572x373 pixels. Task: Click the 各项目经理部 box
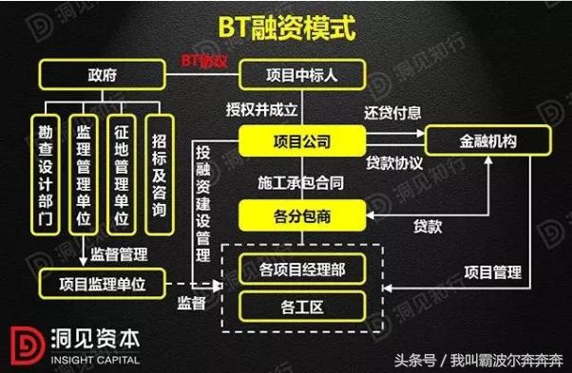pos(300,270)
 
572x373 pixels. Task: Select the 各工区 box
pos(300,307)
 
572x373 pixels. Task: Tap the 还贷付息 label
pos(391,112)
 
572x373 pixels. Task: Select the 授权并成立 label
pos(262,107)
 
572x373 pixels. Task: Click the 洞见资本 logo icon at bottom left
pos(25,346)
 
